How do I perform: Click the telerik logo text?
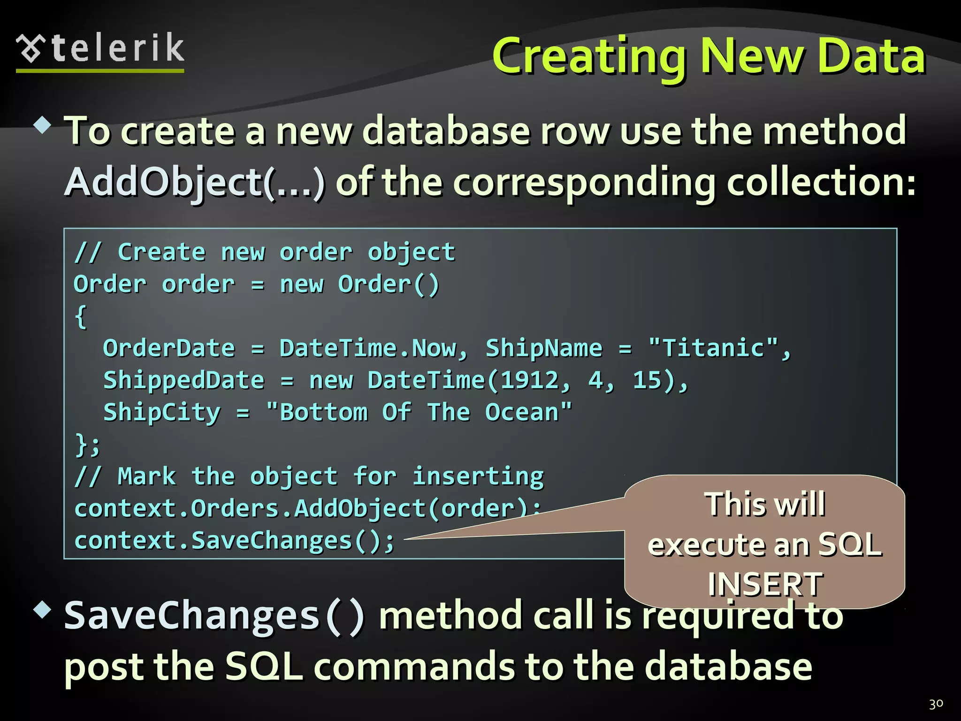[117, 48]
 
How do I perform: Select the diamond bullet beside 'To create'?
[43, 125]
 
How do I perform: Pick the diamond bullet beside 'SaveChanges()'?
[43, 610]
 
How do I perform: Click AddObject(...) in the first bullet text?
[195, 182]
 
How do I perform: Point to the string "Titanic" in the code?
[713, 348]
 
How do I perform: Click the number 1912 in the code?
[530, 380]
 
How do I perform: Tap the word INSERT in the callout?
[765, 584]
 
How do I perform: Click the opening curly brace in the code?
[81, 316]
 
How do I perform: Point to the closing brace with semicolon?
[88, 444]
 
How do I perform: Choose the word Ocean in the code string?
[522, 412]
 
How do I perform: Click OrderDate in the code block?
[169, 348]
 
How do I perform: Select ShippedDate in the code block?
[184, 380]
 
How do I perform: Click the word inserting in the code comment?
[478, 476]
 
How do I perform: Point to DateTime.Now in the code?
[368, 348]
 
